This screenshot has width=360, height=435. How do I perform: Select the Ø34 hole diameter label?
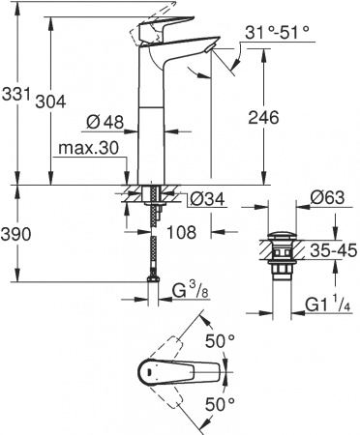click(202, 199)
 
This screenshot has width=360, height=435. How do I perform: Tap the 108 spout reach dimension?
click(184, 232)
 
